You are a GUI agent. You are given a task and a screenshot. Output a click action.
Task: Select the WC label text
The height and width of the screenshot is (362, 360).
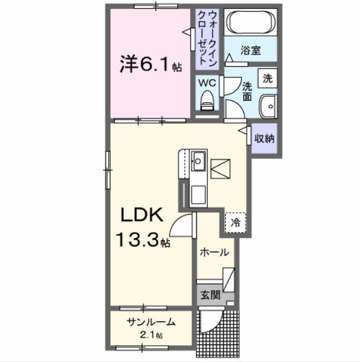(x=208, y=83)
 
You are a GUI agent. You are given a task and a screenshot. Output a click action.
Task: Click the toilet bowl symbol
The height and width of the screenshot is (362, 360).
(x=207, y=102)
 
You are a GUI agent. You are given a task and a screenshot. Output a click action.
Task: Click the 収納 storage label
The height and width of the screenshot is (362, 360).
(x=265, y=139)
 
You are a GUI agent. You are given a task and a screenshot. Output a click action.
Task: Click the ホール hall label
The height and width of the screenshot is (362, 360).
(x=214, y=253)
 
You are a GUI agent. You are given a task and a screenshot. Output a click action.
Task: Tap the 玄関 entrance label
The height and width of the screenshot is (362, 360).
(x=211, y=295)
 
